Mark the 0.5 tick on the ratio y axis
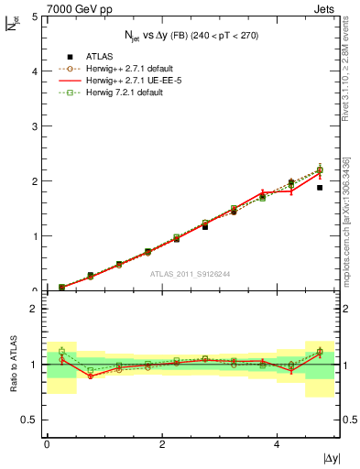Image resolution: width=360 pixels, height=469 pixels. click(x=29, y=420)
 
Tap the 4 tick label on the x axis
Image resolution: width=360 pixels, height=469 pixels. click(x=277, y=444)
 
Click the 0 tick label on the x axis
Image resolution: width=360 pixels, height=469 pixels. click(x=47, y=444)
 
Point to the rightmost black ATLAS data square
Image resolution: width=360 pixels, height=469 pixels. click(x=320, y=188)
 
